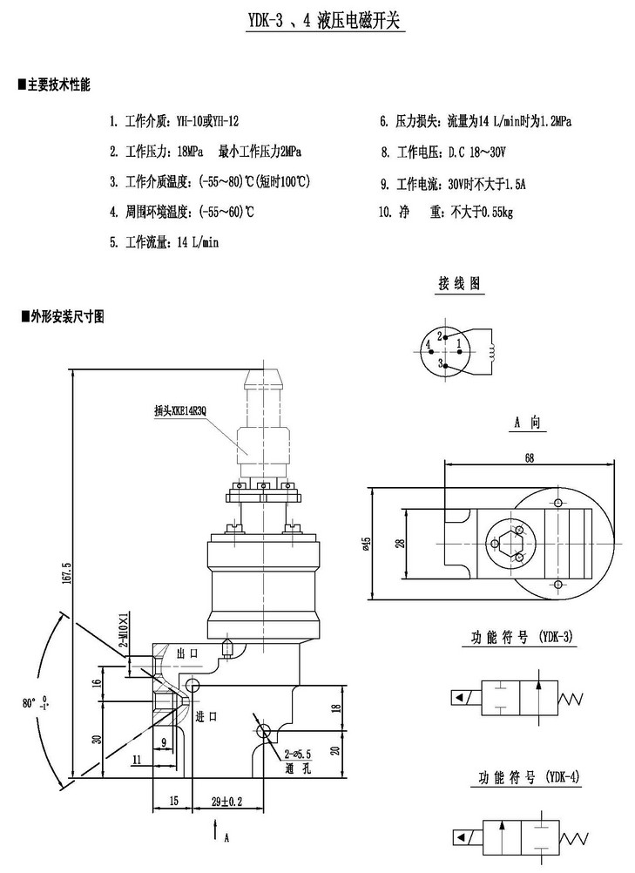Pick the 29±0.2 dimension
click(226, 800)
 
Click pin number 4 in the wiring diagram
click(429, 346)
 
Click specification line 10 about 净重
click(446, 212)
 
